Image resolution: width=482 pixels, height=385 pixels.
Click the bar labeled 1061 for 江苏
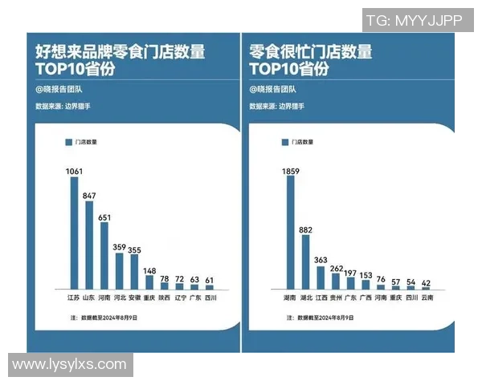75,233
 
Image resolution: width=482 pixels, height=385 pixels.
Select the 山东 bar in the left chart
89,245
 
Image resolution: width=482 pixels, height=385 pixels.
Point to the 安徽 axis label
134,298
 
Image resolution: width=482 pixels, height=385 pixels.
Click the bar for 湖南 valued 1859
291,233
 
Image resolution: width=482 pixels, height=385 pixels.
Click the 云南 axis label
427,298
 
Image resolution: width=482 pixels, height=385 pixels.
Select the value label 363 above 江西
321,261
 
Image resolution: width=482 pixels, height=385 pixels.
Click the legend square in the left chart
68,142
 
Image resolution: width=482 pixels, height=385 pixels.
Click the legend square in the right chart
284,142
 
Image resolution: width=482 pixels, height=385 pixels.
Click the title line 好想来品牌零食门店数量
120,53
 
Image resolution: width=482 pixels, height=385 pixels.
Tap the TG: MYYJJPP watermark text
414,22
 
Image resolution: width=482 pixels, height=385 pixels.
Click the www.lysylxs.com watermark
70,364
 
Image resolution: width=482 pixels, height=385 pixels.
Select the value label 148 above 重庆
149,270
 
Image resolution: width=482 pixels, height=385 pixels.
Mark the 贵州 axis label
336,298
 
